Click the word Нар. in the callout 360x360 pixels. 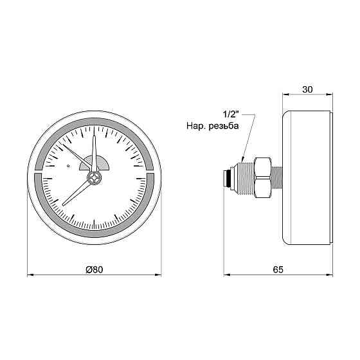point(195,127)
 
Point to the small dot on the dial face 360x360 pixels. point(67,166)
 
